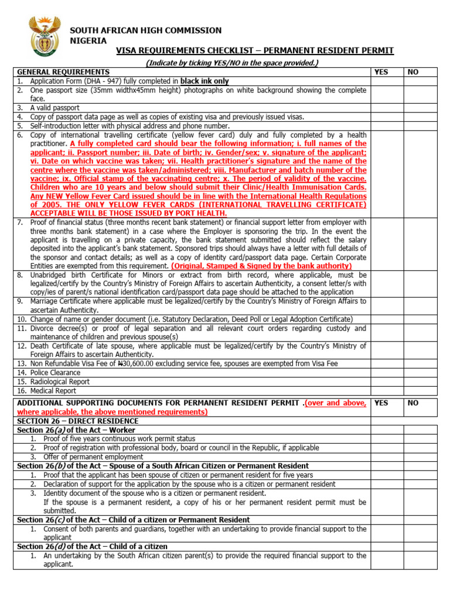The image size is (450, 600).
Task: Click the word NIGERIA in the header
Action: click(x=88, y=41)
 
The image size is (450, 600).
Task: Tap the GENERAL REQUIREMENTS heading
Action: click(x=63, y=72)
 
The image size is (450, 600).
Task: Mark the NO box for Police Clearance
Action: click(x=422, y=373)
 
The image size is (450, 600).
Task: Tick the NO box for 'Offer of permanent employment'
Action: click(x=422, y=457)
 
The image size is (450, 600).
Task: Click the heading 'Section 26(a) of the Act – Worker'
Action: click(x=76, y=430)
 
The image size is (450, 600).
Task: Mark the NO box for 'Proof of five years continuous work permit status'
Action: click(x=422, y=439)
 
